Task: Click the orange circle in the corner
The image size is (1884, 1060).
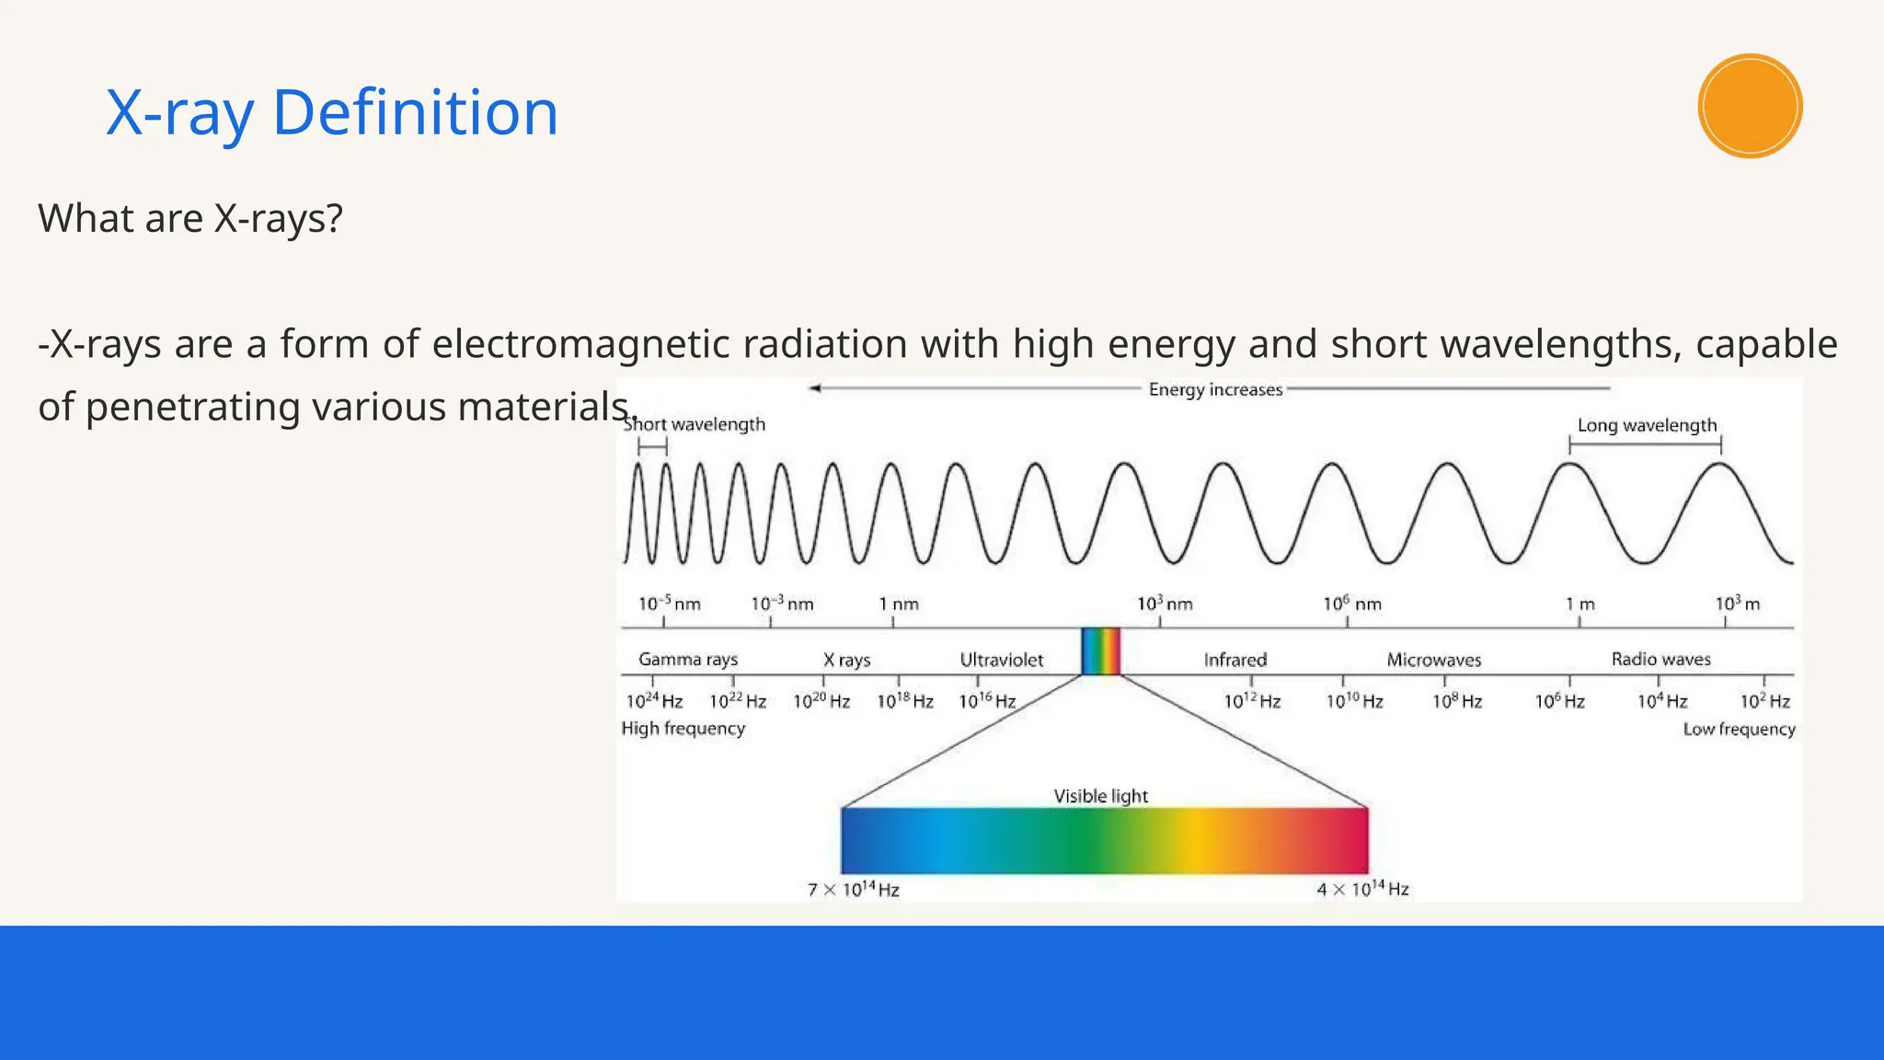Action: pyautogui.click(x=1750, y=106)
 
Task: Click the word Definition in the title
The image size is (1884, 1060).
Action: pyautogui.click(x=415, y=112)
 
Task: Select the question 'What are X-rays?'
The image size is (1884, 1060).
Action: pyautogui.click(x=190, y=219)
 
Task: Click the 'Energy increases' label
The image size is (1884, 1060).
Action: pyautogui.click(x=1215, y=389)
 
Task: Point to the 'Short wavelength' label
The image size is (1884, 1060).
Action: pyautogui.click(x=695, y=424)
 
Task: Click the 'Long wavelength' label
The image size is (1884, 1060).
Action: pyautogui.click(x=1647, y=425)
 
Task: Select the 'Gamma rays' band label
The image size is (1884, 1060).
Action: pyautogui.click(x=688, y=660)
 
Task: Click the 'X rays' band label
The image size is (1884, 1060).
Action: pyautogui.click(x=846, y=660)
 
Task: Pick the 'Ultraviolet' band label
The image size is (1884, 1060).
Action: pyautogui.click(x=1001, y=660)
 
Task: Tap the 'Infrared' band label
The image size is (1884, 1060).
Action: pyautogui.click(x=1235, y=660)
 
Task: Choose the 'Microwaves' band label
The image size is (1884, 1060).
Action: pyautogui.click(x=1433, y=660)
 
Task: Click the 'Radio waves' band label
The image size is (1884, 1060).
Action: pyautogui.click(x=1660, y=660)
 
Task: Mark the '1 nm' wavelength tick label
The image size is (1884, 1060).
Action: pyautogui.click(x=898, y=605)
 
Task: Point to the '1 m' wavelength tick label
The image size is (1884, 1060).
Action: pyautogui.click(x=1580, y=605)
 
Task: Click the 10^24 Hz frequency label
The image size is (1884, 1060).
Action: pyautogui.click(x=654, y=701)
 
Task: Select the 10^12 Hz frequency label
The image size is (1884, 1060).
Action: pyautogui.click(x=1252, y=701)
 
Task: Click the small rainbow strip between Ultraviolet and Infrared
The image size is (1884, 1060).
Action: pyautogui.click(x=1100, y=651)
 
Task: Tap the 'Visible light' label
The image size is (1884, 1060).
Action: pyautogui.click(x=1100, y=796)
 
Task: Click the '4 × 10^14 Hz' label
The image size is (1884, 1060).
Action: pyautogui.click(x=1362, y=889)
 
